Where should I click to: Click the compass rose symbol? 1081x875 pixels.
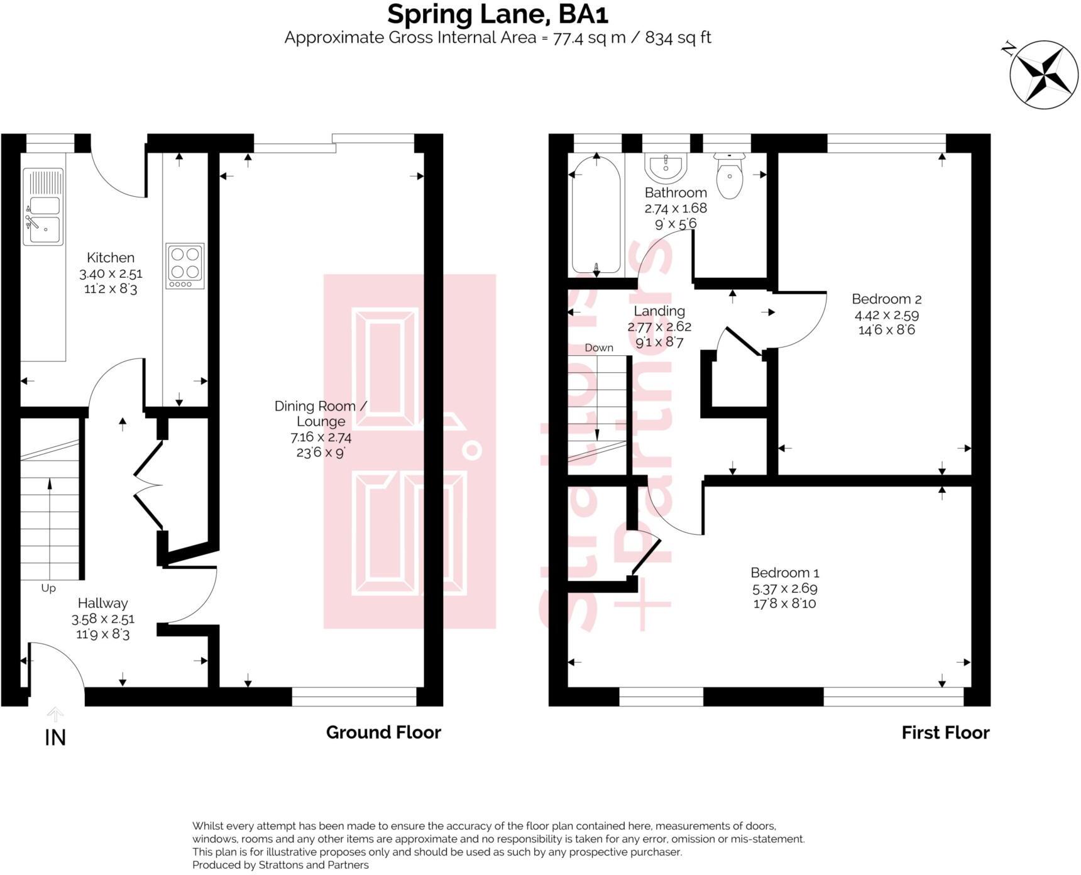click(x=1043, y=74)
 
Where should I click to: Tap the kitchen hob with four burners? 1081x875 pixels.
click(x=185, y=266)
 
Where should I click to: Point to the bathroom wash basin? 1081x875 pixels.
click(x=666, y=167)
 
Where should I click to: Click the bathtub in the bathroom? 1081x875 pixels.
click(x=596, y=214)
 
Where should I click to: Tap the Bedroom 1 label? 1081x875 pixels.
click(x=784, y=573)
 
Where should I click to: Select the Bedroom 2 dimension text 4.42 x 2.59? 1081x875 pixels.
click(x=886, y=315)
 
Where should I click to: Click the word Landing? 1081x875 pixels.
click(x=659, y=311)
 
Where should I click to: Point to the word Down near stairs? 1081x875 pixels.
click(x=598, y=348)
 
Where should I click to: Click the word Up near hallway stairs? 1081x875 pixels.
click(x=48, y=588)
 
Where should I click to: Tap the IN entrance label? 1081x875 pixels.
click(x=55, y=737)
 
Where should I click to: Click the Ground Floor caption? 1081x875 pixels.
click(x=383, y=732)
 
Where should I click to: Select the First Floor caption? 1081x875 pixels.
click(x=945, y=732)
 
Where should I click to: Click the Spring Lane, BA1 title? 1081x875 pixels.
click(x=497, y=14)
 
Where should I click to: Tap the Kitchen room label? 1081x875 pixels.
click(x=111, y=257)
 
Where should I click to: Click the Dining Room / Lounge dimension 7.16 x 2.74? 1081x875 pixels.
click(x=321, y=437)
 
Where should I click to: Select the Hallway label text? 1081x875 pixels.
click(x=102, y=603)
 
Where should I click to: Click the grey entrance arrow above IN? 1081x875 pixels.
click(x=55, y=714)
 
